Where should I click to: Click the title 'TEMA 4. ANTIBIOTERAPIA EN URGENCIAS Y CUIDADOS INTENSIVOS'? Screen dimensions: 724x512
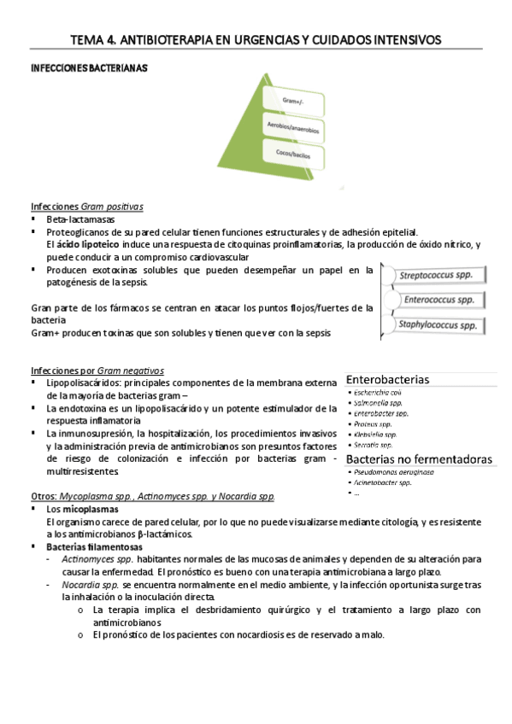(x=256, y=40)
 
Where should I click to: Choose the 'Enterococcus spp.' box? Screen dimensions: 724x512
(x=438, y=301)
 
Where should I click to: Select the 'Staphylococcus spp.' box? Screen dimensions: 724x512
(x=438, y=324)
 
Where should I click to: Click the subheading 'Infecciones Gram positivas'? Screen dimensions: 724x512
(x=86, y=207)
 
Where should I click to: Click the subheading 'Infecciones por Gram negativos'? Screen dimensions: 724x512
(x=97, y=371)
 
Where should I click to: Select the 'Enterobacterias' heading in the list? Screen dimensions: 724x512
(x=388, y=379)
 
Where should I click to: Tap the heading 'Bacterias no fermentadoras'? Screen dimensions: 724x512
(x=420, y=459)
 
